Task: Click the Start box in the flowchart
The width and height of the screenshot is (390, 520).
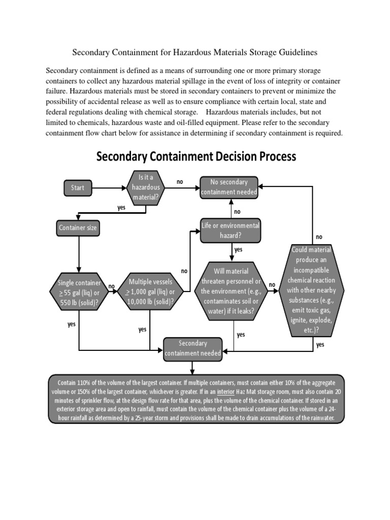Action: (x=78, y=188)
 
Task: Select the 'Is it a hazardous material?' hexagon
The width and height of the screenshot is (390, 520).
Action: (x=146, y=187)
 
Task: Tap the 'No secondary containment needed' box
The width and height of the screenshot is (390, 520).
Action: (x=229, y=187)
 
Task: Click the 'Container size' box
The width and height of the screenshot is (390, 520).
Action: (x=78, y=228)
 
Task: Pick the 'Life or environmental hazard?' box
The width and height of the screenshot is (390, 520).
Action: (x=231, y=230)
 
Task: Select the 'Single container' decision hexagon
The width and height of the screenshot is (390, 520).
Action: (x=79, y=292)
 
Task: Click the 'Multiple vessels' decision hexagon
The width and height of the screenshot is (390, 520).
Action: (x=151, y=291)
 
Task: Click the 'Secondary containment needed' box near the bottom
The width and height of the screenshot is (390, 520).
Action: (x=192, y=348)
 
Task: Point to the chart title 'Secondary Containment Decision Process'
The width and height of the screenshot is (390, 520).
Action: (x=196, y=156)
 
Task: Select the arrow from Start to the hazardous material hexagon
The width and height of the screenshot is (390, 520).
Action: (x=111, y=188)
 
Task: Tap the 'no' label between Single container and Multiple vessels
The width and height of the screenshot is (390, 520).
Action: (x=112, y=286)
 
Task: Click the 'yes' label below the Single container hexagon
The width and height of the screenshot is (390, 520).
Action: (x=72, y=324)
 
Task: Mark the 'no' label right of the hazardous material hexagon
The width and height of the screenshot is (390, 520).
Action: (x=180, y=181)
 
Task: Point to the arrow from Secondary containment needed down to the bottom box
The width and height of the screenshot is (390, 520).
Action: (x=192, y=368)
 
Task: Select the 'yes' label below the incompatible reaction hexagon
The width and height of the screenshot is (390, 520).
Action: (x=320, y=344)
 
